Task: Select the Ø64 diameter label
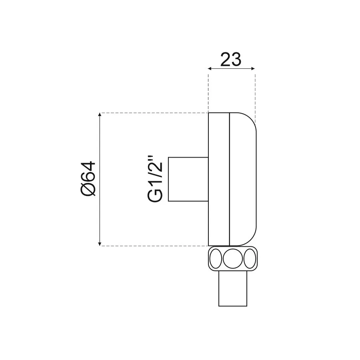click(88, 178)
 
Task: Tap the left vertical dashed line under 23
click(208, 90)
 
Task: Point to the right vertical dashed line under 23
click(255, 94)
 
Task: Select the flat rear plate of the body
click(219, 179)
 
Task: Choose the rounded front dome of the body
click(242, 179)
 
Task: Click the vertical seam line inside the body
click(229, 179)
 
